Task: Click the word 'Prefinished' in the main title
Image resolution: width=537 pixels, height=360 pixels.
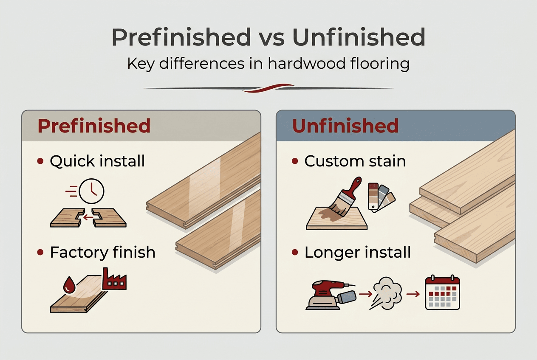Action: pos(181,38)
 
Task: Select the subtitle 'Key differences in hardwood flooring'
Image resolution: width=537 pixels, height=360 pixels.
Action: pos(268,64)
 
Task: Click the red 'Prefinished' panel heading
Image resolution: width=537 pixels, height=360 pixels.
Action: pos(94,126)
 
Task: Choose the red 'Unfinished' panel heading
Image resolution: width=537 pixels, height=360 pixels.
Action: pos(345,126)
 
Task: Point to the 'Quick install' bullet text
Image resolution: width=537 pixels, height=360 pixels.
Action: pos(97,161)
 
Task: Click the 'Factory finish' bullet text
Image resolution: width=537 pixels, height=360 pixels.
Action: pos(102,253)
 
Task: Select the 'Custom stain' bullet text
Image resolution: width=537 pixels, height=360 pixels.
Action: pos(355,161)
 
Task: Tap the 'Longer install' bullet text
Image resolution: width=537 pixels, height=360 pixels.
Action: pos(358,253)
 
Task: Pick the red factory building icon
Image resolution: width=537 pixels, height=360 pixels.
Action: pos(114,280)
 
